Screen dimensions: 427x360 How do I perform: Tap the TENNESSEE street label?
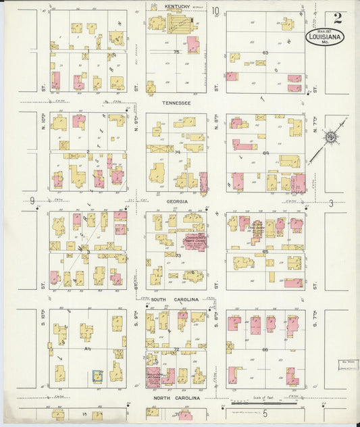click(176, 103)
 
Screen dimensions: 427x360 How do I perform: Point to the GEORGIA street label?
click(176, 201)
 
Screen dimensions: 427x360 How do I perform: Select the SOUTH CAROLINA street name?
click(175, 299)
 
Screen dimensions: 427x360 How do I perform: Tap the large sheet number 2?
click(337, 18)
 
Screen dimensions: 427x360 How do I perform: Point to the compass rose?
click(330, 138)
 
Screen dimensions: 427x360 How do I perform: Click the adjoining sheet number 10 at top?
click(215, 11)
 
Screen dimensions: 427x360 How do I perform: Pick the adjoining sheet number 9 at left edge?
click(32, 201)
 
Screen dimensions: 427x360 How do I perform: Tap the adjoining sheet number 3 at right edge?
click(331, 203)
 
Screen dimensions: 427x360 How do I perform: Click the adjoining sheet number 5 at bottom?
click(265, 413)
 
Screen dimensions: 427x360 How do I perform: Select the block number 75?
click(176, 52)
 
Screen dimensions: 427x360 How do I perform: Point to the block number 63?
click(265, 52)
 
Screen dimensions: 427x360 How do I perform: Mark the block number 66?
click(265, 349)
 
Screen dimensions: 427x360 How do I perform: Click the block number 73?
click(178, 255)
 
